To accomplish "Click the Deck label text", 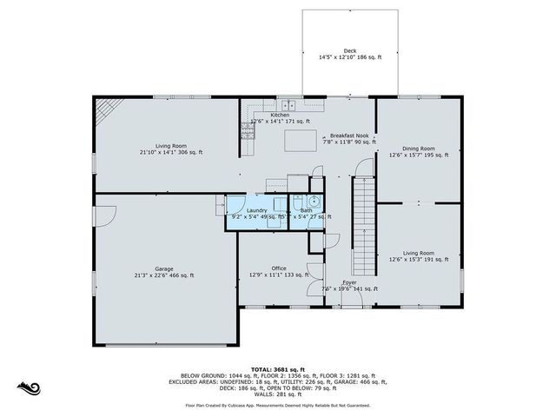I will (349, 51).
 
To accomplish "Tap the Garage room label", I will (163, 269).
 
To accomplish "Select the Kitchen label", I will (280, 115).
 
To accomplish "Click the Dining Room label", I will (418, 149).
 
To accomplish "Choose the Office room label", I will (279, 268).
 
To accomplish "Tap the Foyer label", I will (349, 282).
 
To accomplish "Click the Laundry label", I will (256, 210).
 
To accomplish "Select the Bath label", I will (307, 210).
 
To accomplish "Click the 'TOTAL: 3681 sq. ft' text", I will (278, 368).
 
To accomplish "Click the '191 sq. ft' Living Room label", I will (418, 259).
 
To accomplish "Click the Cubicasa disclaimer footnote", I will (278, 405).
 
